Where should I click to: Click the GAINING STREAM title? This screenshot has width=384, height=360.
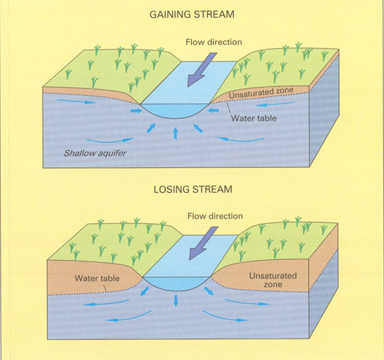pos(192,14)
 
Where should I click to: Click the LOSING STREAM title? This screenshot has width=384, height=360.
pos(193,189)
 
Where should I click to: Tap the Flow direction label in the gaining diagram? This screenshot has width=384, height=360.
pos(214,42)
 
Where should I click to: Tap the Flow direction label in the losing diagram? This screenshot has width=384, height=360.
pos(215,216)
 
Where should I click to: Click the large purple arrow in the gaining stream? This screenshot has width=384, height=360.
pos(202,69)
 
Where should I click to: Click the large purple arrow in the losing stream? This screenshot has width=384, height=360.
pos(203,244)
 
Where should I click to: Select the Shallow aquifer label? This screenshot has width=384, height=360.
pos(95,154)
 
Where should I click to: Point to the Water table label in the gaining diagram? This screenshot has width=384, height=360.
pos(253,119)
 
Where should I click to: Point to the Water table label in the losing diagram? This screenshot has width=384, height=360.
pos(97,279)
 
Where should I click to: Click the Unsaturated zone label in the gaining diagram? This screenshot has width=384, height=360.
pos(261,93)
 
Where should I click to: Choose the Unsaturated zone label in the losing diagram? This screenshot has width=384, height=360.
pos(273,280)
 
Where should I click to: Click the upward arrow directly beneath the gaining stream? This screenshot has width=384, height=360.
pos(176,134)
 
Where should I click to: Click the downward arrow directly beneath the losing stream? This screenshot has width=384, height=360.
pos(176,301)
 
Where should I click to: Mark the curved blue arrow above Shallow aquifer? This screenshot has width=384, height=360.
pos(111,141)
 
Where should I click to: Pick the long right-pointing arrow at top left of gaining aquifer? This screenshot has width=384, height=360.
pos(76,101)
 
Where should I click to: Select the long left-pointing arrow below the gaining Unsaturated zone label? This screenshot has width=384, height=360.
pos(275,104)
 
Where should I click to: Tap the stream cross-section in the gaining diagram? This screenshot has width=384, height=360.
pos(175,110)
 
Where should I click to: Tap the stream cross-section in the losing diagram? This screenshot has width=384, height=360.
pos(176,283)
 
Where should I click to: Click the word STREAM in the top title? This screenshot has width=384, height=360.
pos(214,14)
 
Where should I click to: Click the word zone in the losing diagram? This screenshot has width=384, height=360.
pos(273,284)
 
